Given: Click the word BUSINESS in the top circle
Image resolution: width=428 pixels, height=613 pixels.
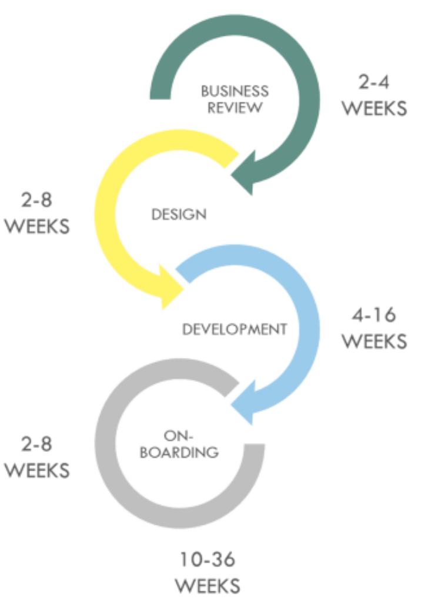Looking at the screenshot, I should pyautogui.click(x=234, y=91).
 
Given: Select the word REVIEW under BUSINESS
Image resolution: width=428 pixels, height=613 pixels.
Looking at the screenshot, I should pyautogui.click(x=234, y=108).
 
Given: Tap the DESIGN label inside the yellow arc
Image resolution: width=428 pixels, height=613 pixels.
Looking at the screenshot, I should pyautogui.click(x=179, y=215).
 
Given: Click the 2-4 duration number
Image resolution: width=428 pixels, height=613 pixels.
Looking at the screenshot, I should pyautogui.click(x=374, y=83).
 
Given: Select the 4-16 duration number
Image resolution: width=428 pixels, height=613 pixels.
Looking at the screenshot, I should pyautogui.click(x=374, y=316).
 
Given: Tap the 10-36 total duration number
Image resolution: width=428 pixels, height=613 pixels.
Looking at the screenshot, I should pyautogui.click(x=208, y=560).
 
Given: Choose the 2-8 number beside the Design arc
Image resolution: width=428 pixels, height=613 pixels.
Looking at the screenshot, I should pyautogui.click(x=36, y=201).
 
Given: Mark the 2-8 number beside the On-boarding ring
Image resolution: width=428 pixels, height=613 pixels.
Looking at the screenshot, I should pyautogui.click(x=36, y=445).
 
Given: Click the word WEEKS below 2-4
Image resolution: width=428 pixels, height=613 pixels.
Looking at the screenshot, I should pyautogui.click(x=374, y=109).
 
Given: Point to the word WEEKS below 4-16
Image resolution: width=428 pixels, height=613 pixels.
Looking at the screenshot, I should pyautogui.click(x=374, y=341).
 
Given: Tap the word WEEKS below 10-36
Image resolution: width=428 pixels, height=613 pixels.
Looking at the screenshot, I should pyautogui.click(x=208, y=586).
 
